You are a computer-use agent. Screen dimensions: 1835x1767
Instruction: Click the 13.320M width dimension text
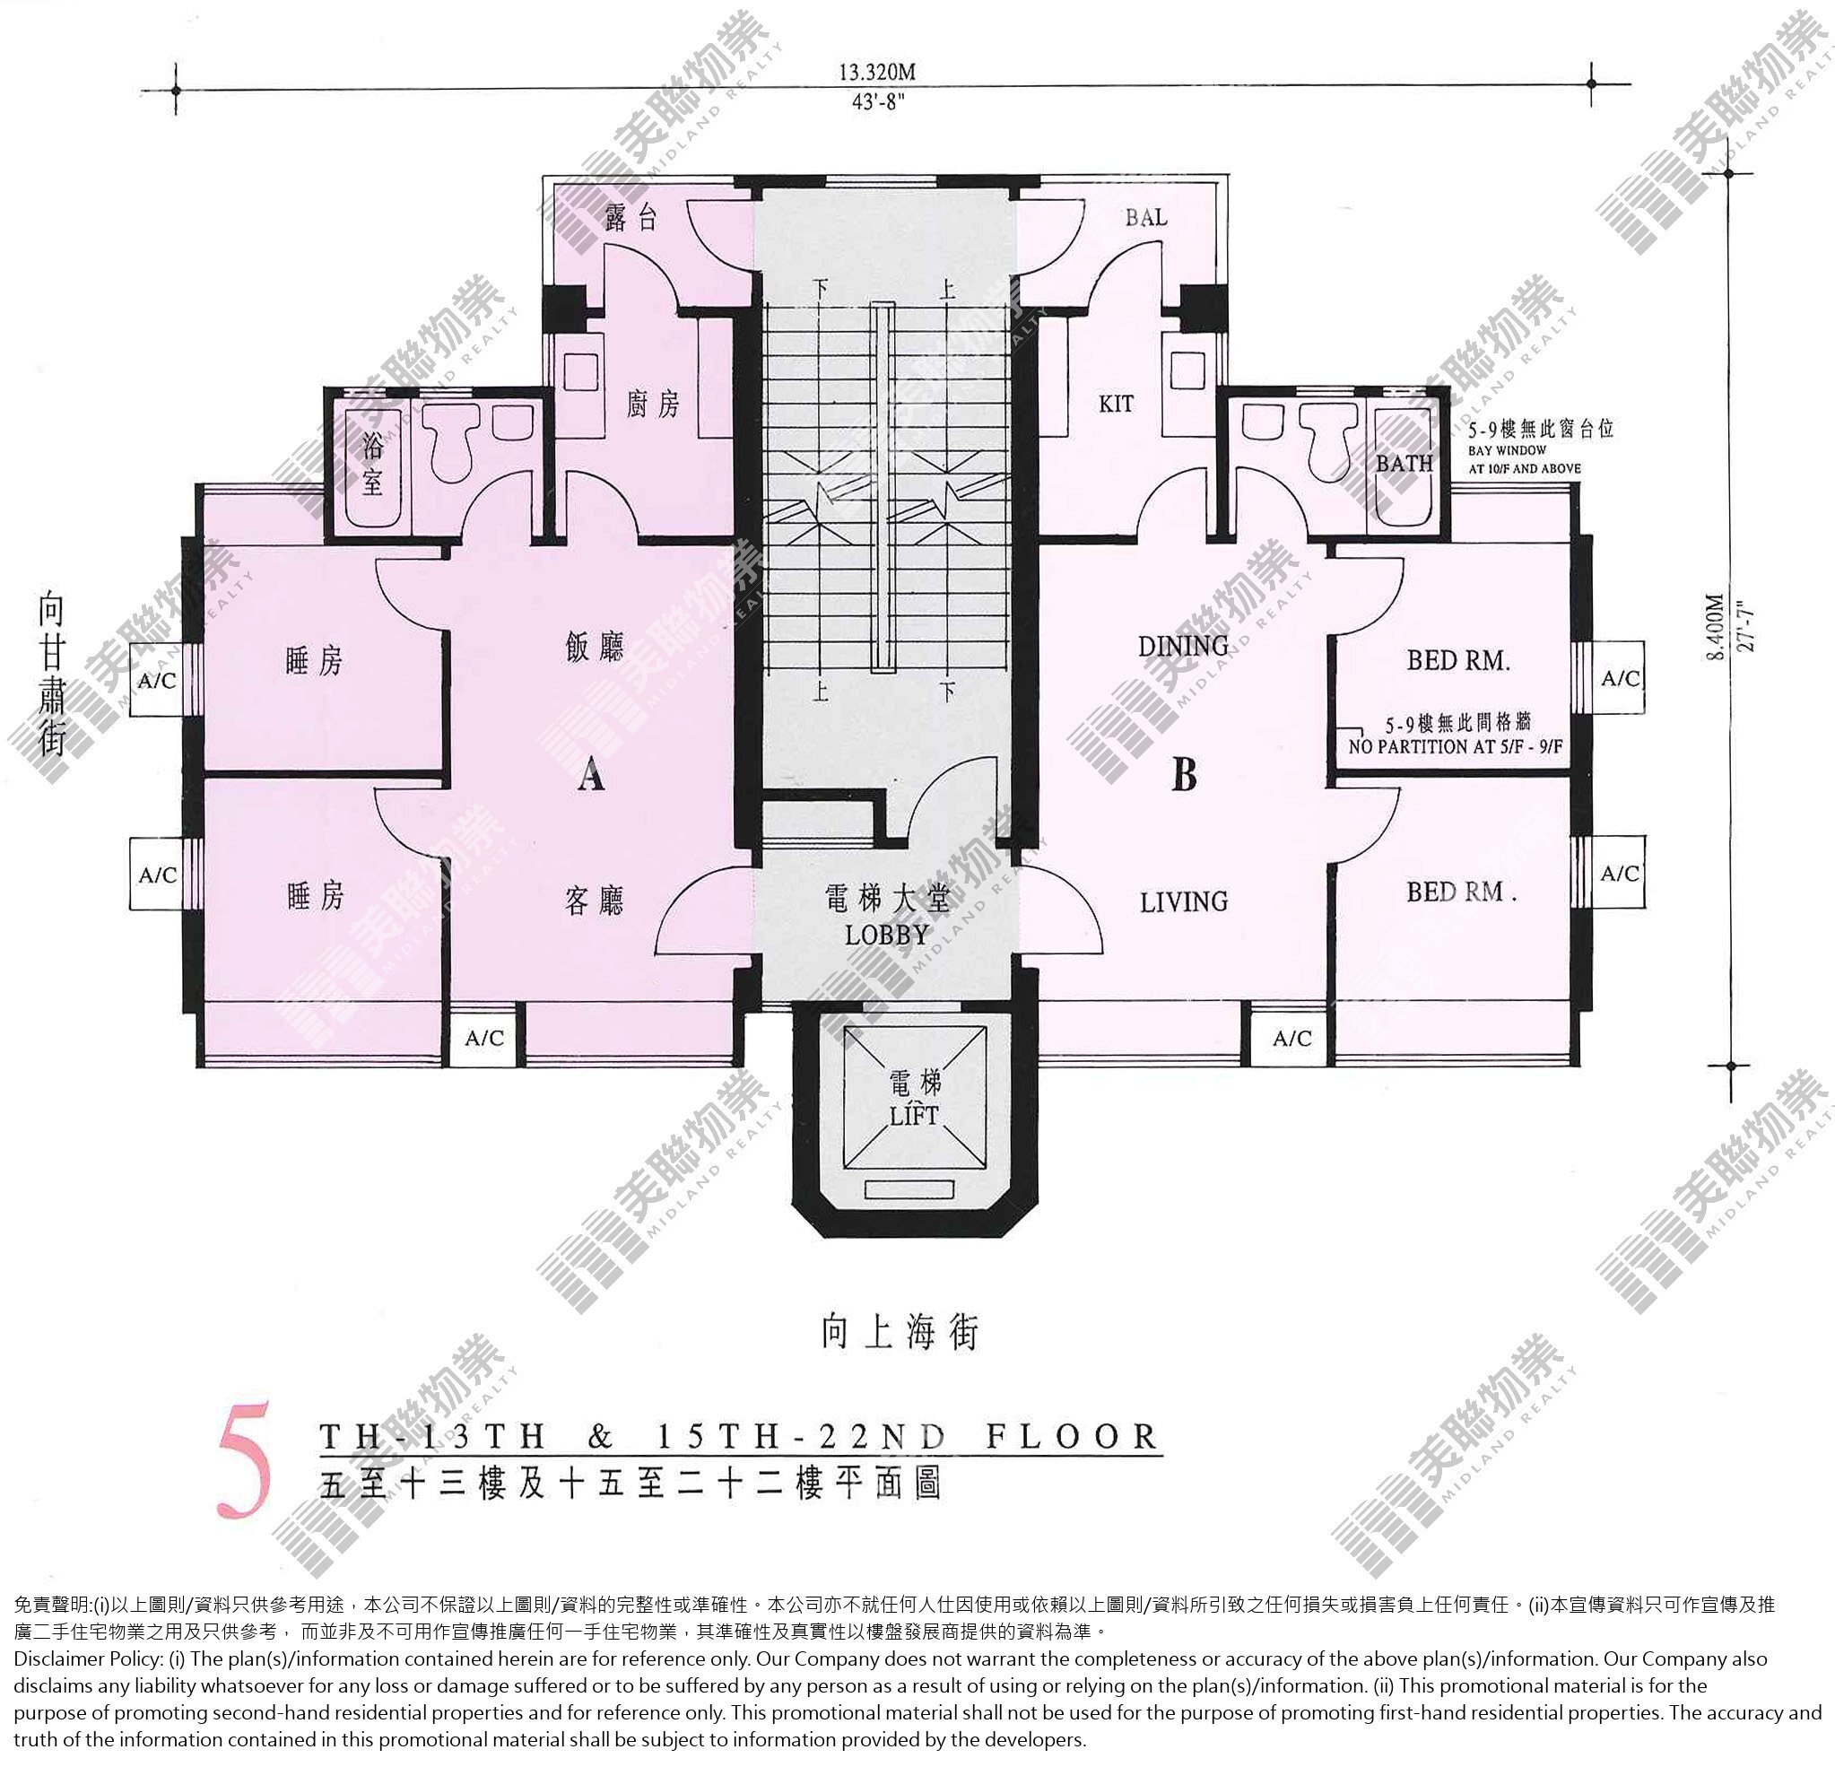pos(876,72)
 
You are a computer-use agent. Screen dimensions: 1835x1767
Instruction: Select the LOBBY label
pos(887,935)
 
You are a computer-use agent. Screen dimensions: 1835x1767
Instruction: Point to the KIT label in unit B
pos(1116,404)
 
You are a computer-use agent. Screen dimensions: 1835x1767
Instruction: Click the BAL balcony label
pos(1146,217)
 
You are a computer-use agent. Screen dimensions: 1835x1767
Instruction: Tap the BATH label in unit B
pos(1405,463)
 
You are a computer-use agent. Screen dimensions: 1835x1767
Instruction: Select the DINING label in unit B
pos(1183,646)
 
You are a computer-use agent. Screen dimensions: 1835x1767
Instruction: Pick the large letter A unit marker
pos(591,774)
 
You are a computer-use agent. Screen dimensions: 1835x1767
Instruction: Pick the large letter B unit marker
pos(1185,774)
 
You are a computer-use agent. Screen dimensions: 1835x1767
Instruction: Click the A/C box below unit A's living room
pos(484,1038)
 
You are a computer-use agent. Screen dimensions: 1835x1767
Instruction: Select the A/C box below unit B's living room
pos(1292,1038)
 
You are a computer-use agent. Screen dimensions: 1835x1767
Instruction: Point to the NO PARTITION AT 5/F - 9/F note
pos(1456,746)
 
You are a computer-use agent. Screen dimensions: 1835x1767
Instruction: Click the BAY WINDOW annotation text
pos(1508,450)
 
